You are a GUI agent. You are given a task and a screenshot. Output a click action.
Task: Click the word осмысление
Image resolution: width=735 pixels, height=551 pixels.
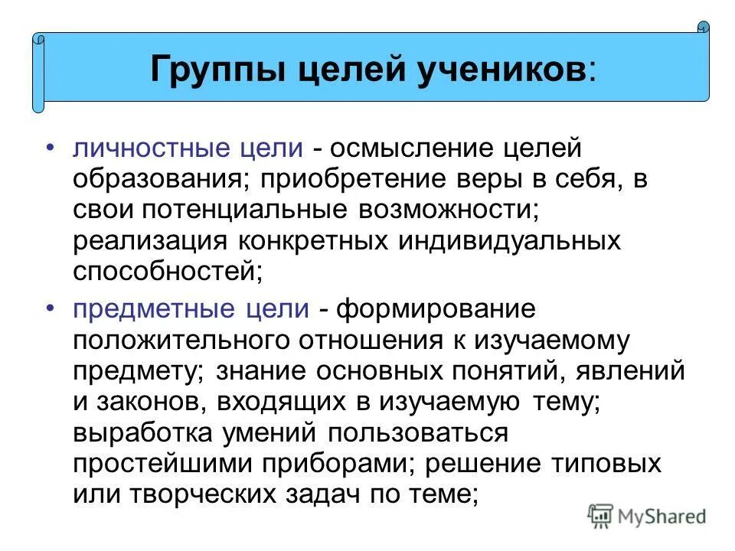coord(402,145)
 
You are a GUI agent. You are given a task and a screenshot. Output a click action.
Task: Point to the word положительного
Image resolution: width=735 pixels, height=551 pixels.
coord(179,338)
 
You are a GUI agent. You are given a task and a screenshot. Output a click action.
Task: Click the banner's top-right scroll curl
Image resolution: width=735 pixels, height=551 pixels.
coord(704,28)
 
